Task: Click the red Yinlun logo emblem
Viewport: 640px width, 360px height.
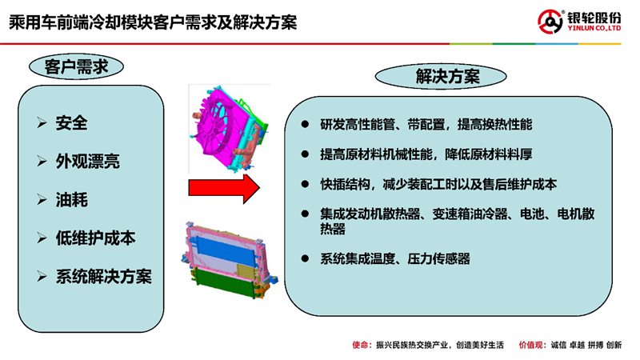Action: [x=550, y=22]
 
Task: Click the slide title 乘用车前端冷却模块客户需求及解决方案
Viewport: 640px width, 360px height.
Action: [x=153, y=22]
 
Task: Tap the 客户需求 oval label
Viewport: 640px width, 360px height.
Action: [x=76, y=66]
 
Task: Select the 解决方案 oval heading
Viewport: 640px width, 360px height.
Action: [x=441, y=76]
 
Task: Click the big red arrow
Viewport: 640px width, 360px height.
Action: [x=224, y=189]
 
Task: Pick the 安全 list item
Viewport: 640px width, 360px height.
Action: [x=72, y=123]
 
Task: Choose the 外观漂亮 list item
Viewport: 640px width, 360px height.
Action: [x=88, y=162]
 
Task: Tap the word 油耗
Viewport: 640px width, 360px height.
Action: [x=72, y=199]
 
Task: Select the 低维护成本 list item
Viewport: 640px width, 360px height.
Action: [x=95, y=238]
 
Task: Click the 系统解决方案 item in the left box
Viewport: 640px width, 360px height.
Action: [x=104, y=277]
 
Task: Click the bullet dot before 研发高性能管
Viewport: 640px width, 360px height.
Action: [x=305, y=124]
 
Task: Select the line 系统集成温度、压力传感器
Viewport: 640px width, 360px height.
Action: [x=395, y=258]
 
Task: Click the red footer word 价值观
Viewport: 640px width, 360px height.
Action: [x=530, y=346]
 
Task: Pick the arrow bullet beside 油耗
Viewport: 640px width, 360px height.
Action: [x=42, y=199]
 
